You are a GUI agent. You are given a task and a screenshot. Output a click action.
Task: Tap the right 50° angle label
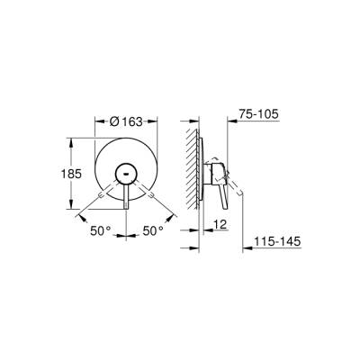coord(154,230)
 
